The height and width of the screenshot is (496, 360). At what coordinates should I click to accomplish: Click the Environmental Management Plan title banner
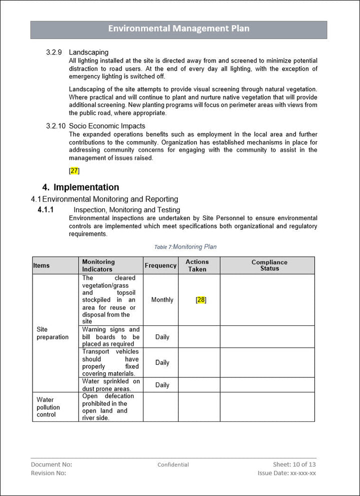pos(178,29)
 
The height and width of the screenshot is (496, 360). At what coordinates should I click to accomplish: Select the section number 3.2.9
pos(53,52)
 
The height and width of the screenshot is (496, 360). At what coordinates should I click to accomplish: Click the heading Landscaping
pos(88,52)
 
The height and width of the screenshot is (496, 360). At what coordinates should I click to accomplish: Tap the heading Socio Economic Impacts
pos(107,126)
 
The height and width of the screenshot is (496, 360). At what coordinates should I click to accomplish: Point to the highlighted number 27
pos(74,171)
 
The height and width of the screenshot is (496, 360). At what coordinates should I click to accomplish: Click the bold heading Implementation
pos(86,187)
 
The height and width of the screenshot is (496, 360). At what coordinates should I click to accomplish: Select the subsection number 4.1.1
pos(45,210)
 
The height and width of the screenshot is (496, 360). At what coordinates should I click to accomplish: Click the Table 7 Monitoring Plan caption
pos(185,247)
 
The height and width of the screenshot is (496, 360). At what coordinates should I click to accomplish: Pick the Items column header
pos(41,265)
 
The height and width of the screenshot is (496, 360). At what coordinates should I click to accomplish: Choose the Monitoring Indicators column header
pos(98,265)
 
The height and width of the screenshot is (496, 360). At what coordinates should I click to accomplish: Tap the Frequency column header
pos(160,265)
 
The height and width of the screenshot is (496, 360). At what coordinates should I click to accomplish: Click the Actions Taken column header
pos(197,265)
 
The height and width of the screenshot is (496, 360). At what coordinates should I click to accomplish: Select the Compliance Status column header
pos(269,265)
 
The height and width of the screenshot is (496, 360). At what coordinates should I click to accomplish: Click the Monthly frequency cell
pos(162,300)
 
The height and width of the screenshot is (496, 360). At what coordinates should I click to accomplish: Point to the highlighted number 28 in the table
pos(201,300)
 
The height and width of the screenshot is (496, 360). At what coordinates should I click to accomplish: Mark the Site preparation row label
pos(52,333)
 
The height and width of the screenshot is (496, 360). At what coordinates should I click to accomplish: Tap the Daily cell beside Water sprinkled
pos(162,385)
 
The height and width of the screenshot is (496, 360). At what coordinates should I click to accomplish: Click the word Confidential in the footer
pos(173,464)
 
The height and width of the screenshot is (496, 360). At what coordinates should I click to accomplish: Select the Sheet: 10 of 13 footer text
pos(294,464)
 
